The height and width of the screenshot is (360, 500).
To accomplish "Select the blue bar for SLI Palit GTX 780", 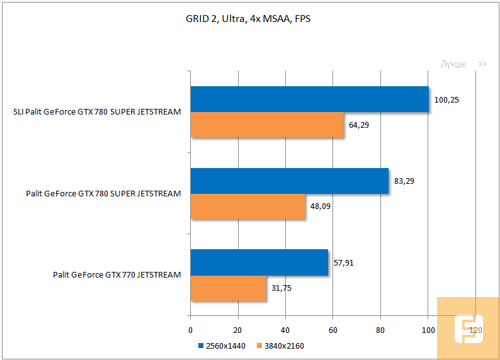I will click(x=309, y=99).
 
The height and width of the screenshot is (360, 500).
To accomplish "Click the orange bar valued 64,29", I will click(x=267, y=125).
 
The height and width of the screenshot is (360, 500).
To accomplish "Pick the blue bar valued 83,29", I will click(x=289, y=181).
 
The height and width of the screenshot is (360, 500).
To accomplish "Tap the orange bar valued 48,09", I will click(x=247, y=206).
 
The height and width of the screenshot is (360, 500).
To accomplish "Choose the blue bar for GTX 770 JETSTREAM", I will click(x=259, y=262).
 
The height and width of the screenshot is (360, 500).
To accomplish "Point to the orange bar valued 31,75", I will click(x=228, y=288).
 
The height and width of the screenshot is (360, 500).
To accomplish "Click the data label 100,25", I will click(x=446, y=99).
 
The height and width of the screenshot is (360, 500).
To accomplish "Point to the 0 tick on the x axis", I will click(x=190, y=330).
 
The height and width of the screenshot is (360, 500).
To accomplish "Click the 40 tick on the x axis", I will click(x=285, y=330).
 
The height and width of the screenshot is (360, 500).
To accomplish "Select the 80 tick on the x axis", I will click(x=380, y=330).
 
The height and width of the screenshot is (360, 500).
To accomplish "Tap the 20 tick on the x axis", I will click(x=238, y=330).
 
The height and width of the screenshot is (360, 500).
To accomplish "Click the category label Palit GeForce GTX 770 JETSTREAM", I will click(x=117, y=274).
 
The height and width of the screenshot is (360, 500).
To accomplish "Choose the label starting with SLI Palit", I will click(x=97, y=112).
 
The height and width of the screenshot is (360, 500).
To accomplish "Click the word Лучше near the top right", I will click(x=453, y=64).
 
